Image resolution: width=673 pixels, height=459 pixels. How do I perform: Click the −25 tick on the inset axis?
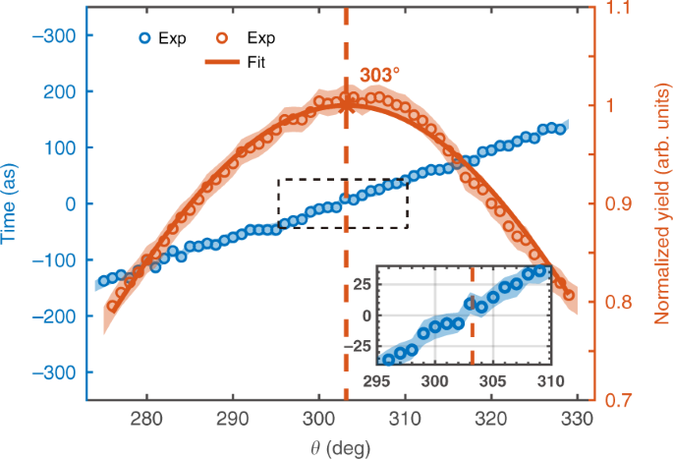coord(361,346)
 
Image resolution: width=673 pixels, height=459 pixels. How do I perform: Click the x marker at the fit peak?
coord(346,100)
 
